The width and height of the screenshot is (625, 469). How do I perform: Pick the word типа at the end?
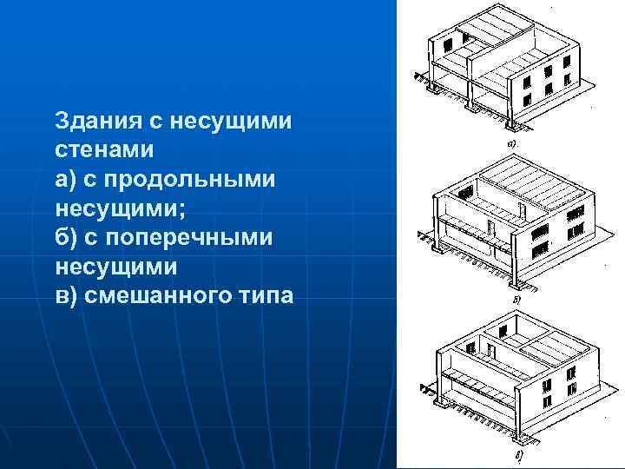[x=265, y=296]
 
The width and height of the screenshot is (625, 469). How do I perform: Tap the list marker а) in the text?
[x=65, y=179]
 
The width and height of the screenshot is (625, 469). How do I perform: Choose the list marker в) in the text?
[x=65, y=296]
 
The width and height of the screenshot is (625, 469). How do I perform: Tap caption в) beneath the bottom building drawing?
[x=519, y=455]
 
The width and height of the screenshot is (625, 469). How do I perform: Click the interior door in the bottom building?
[x=490, y=353]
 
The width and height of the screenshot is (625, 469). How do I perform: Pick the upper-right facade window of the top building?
[x=567, y=63]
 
